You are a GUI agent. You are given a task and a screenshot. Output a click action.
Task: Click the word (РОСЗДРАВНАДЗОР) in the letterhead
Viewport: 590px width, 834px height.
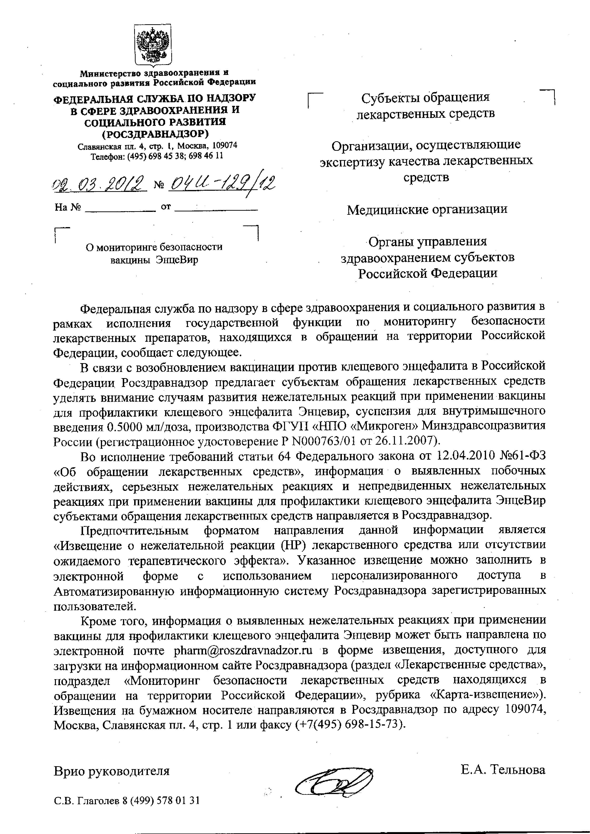155,134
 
